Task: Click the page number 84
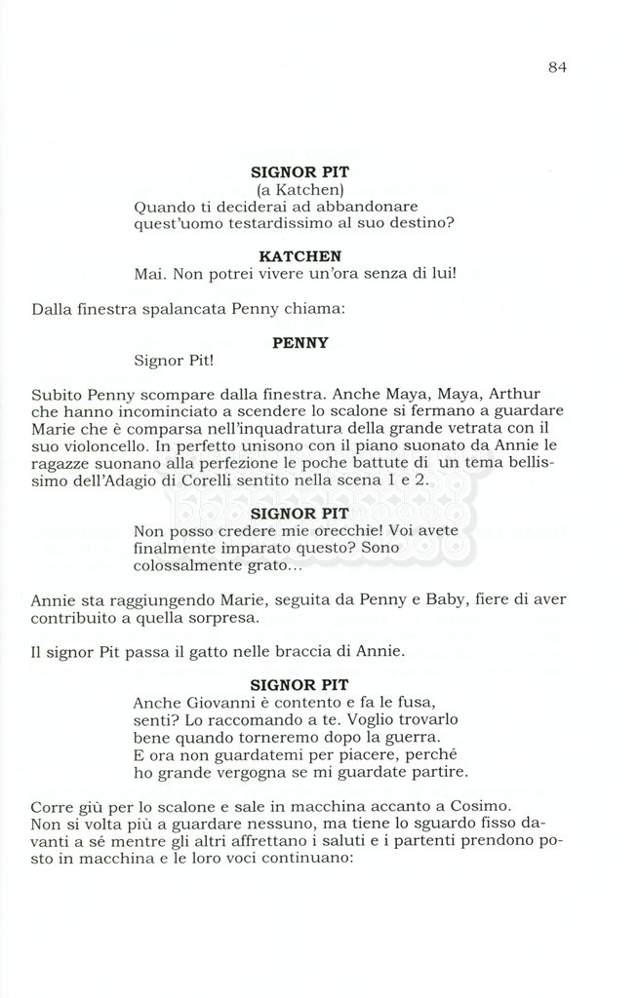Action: (x=557, y=67)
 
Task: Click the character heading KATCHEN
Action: (x=300, y=255)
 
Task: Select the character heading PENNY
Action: (x=300, y=342)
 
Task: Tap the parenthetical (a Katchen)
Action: (x=300, y=188)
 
